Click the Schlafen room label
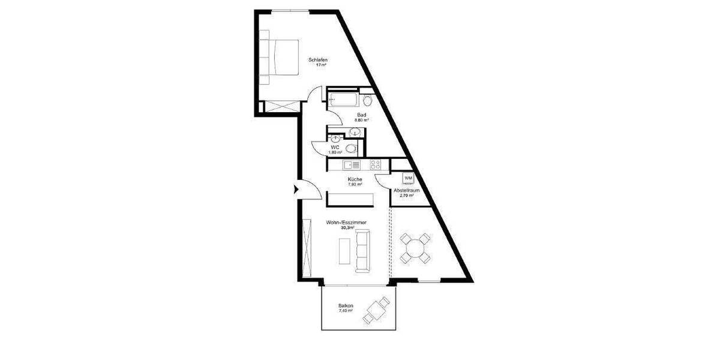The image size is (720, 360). [x=318, y=59]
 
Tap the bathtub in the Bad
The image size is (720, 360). [x=343, y=100]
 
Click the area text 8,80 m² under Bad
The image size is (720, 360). [x=361, y=120]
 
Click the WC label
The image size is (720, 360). [x=335, y=147]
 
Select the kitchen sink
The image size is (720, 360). [x=351, y=164]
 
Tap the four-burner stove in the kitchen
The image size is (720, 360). [x=376, y=164]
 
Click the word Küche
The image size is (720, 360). [x=354, y=179]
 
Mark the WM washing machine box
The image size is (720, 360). [x=409, y=178]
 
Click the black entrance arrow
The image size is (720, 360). [x=295, y=190]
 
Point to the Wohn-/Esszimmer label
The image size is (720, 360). [x=346, y=223]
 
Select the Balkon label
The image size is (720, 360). [x=346, y=306]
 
